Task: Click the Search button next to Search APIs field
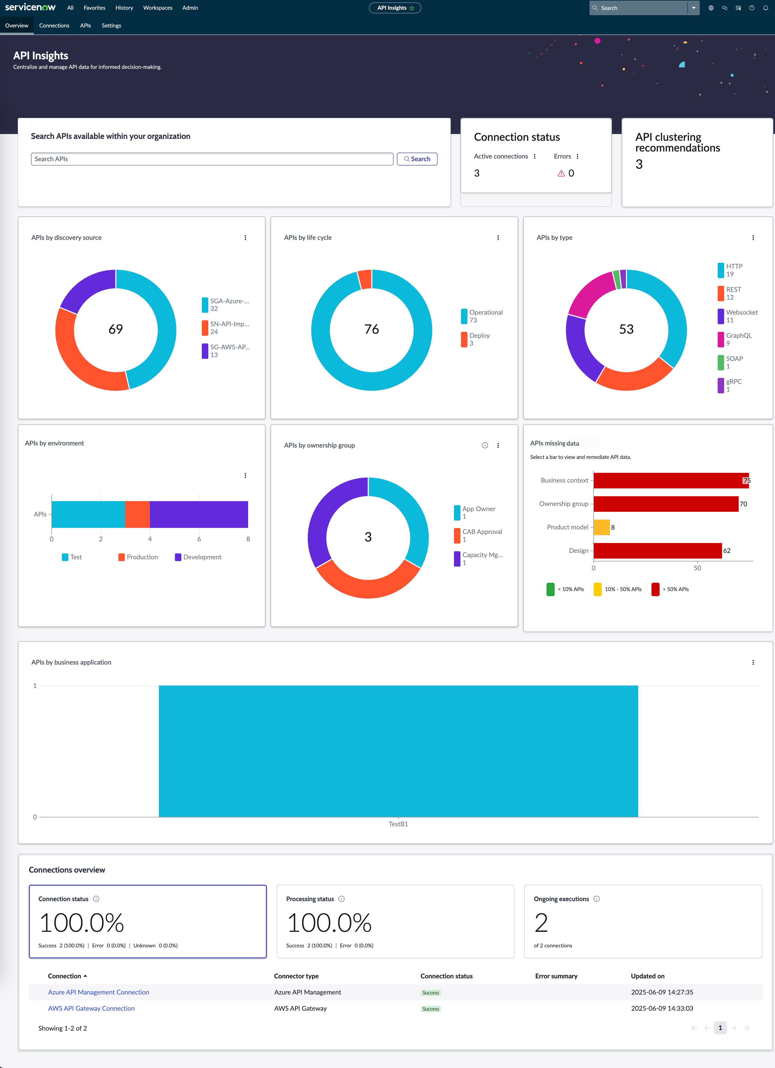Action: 417,159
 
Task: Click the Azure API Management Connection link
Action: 98,992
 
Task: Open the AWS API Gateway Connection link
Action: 91,1008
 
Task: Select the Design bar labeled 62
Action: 658,550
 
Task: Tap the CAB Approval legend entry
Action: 478,535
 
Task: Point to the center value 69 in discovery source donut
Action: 116,329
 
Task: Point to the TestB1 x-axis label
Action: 398,824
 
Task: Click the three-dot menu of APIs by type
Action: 753,238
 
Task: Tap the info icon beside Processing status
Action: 342,899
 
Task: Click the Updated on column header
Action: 647,976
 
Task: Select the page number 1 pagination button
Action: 720,1028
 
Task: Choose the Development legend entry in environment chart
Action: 198,557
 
